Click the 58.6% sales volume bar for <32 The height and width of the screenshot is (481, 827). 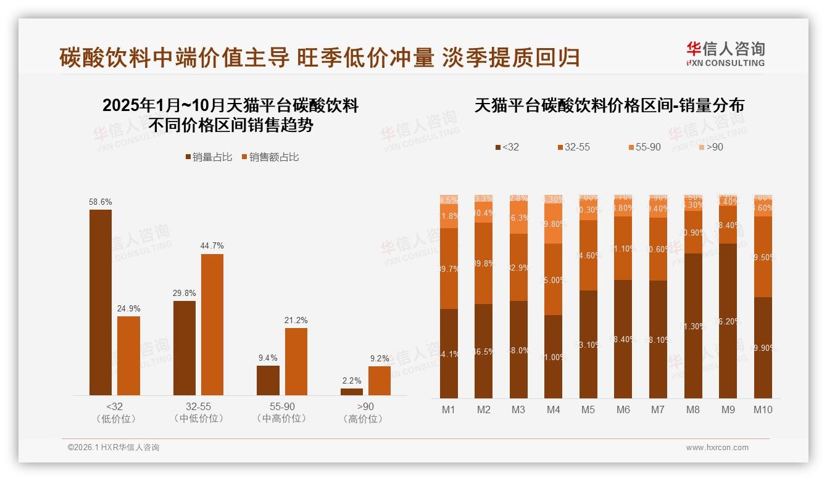(101, 302)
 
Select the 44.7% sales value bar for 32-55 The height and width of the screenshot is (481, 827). (212, 324)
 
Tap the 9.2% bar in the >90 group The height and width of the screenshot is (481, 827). (380, 380)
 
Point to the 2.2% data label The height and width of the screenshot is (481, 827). (352, 381)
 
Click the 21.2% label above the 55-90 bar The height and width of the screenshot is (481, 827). (296, 321)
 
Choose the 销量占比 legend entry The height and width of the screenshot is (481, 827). (208, 157)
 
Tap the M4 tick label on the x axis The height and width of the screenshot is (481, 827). (553, 409)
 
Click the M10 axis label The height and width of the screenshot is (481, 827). (763, 409)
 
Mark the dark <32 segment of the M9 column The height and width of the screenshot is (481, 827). (728, 321)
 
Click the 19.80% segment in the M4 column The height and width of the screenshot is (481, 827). (553, 224)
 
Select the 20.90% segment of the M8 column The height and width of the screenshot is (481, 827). (693, 232)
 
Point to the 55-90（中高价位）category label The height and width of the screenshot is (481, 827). (281, 413)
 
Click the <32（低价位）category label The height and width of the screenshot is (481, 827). (115, 413)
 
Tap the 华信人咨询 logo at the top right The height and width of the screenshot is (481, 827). (725, 54)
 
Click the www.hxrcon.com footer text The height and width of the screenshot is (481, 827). (717, 448)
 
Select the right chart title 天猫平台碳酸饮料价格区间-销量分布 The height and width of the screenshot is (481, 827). (609, 105)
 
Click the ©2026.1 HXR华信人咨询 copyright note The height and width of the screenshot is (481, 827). (114, 448)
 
